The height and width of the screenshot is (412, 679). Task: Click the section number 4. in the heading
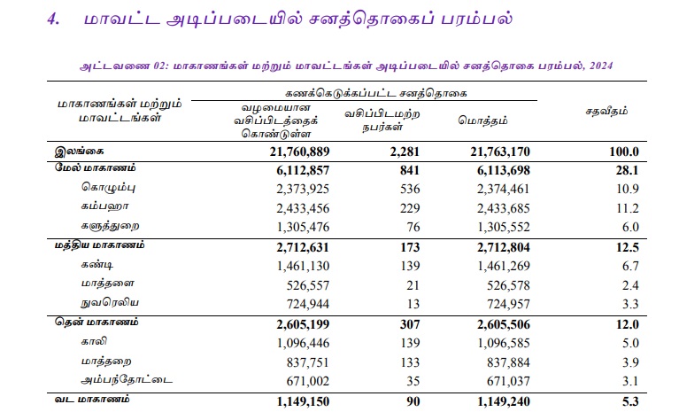click(54, 19)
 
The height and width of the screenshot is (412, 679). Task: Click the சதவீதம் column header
click(607, 113)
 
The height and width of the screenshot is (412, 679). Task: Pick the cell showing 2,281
click(403, 152)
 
